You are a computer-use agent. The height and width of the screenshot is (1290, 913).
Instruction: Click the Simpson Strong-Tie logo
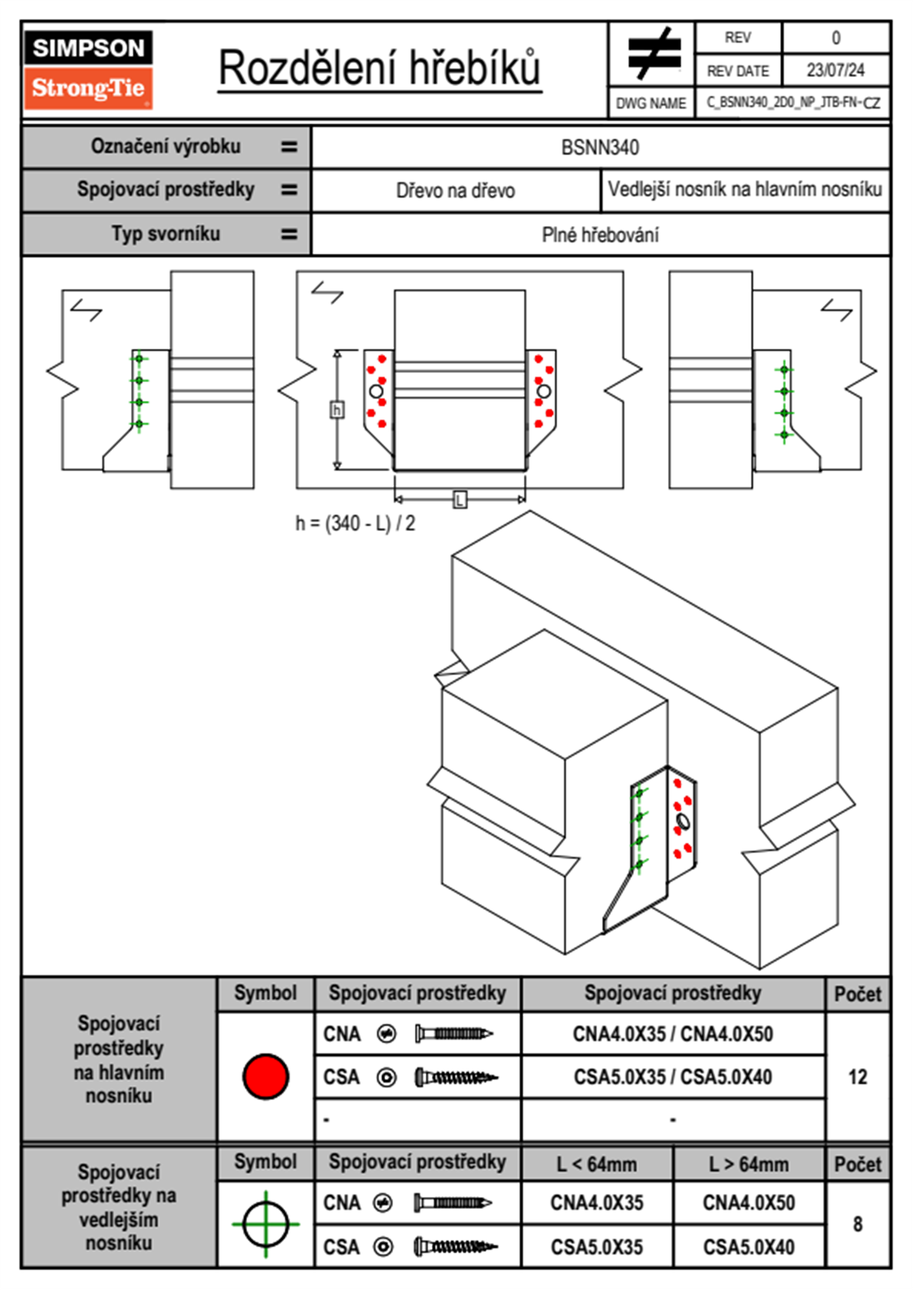click(x=88, y=69)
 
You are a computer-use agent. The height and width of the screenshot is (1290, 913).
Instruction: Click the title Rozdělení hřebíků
click(x=380, y=68)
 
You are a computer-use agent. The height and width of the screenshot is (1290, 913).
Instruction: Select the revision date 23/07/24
click(x=835, y=71)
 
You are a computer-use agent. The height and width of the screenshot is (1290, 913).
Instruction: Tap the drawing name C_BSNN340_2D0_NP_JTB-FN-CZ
click(x=793, y=103)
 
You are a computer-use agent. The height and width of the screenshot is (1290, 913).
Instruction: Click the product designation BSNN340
click(x=600, y=148)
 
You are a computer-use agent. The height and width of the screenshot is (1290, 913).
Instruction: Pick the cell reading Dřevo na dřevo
click(x=455, y=191)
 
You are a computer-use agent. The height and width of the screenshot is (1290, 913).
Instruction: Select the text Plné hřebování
click(x=600, y=235)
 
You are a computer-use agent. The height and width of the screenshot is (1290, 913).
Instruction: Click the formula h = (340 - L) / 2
click(x=355, y=524)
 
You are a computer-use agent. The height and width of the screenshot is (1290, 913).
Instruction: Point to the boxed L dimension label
click(x=460, y=500)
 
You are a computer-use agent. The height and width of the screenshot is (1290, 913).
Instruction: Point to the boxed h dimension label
click(x=337, y=410)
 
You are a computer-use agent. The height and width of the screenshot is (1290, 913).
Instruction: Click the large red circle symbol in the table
click(x=265, y=1076)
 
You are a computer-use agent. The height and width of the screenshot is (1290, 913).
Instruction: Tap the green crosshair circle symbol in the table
click(x=265, y=1224)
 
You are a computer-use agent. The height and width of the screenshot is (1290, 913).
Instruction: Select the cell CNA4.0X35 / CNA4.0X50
click(x=673, y=1034)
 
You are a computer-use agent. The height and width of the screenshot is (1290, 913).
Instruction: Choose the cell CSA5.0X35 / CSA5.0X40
click(x=673, y=1077)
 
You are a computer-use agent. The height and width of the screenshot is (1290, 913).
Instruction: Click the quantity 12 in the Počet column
click(x=858, y=1077)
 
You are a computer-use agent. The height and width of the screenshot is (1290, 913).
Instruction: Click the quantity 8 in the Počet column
click(x=858, y=1224)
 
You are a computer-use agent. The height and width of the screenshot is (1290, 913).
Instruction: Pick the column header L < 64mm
click(x=597, y=1164)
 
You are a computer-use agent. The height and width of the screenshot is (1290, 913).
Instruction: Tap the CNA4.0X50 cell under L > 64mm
click(x=749, y=1203)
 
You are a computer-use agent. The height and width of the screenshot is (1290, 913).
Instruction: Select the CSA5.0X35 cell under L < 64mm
click(x=597, y=1247)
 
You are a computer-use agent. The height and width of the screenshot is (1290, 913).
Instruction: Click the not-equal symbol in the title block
click(x=654, y=54)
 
